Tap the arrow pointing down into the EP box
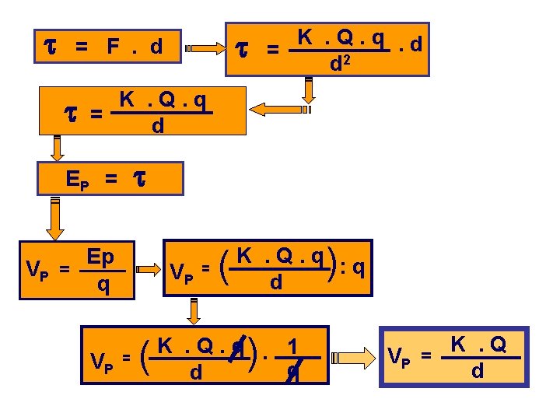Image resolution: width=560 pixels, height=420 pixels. coord(56,146)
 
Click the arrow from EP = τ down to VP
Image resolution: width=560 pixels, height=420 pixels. coord(54,219)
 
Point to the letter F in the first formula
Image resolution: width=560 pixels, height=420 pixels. coord(114,47)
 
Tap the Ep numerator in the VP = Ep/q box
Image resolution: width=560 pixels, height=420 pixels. coord(101,257)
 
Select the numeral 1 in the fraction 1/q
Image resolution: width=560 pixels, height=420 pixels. coord(292,346)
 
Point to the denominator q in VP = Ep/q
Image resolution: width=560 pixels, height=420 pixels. coord(102,286)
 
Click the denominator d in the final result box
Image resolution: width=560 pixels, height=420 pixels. coord(478,371)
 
